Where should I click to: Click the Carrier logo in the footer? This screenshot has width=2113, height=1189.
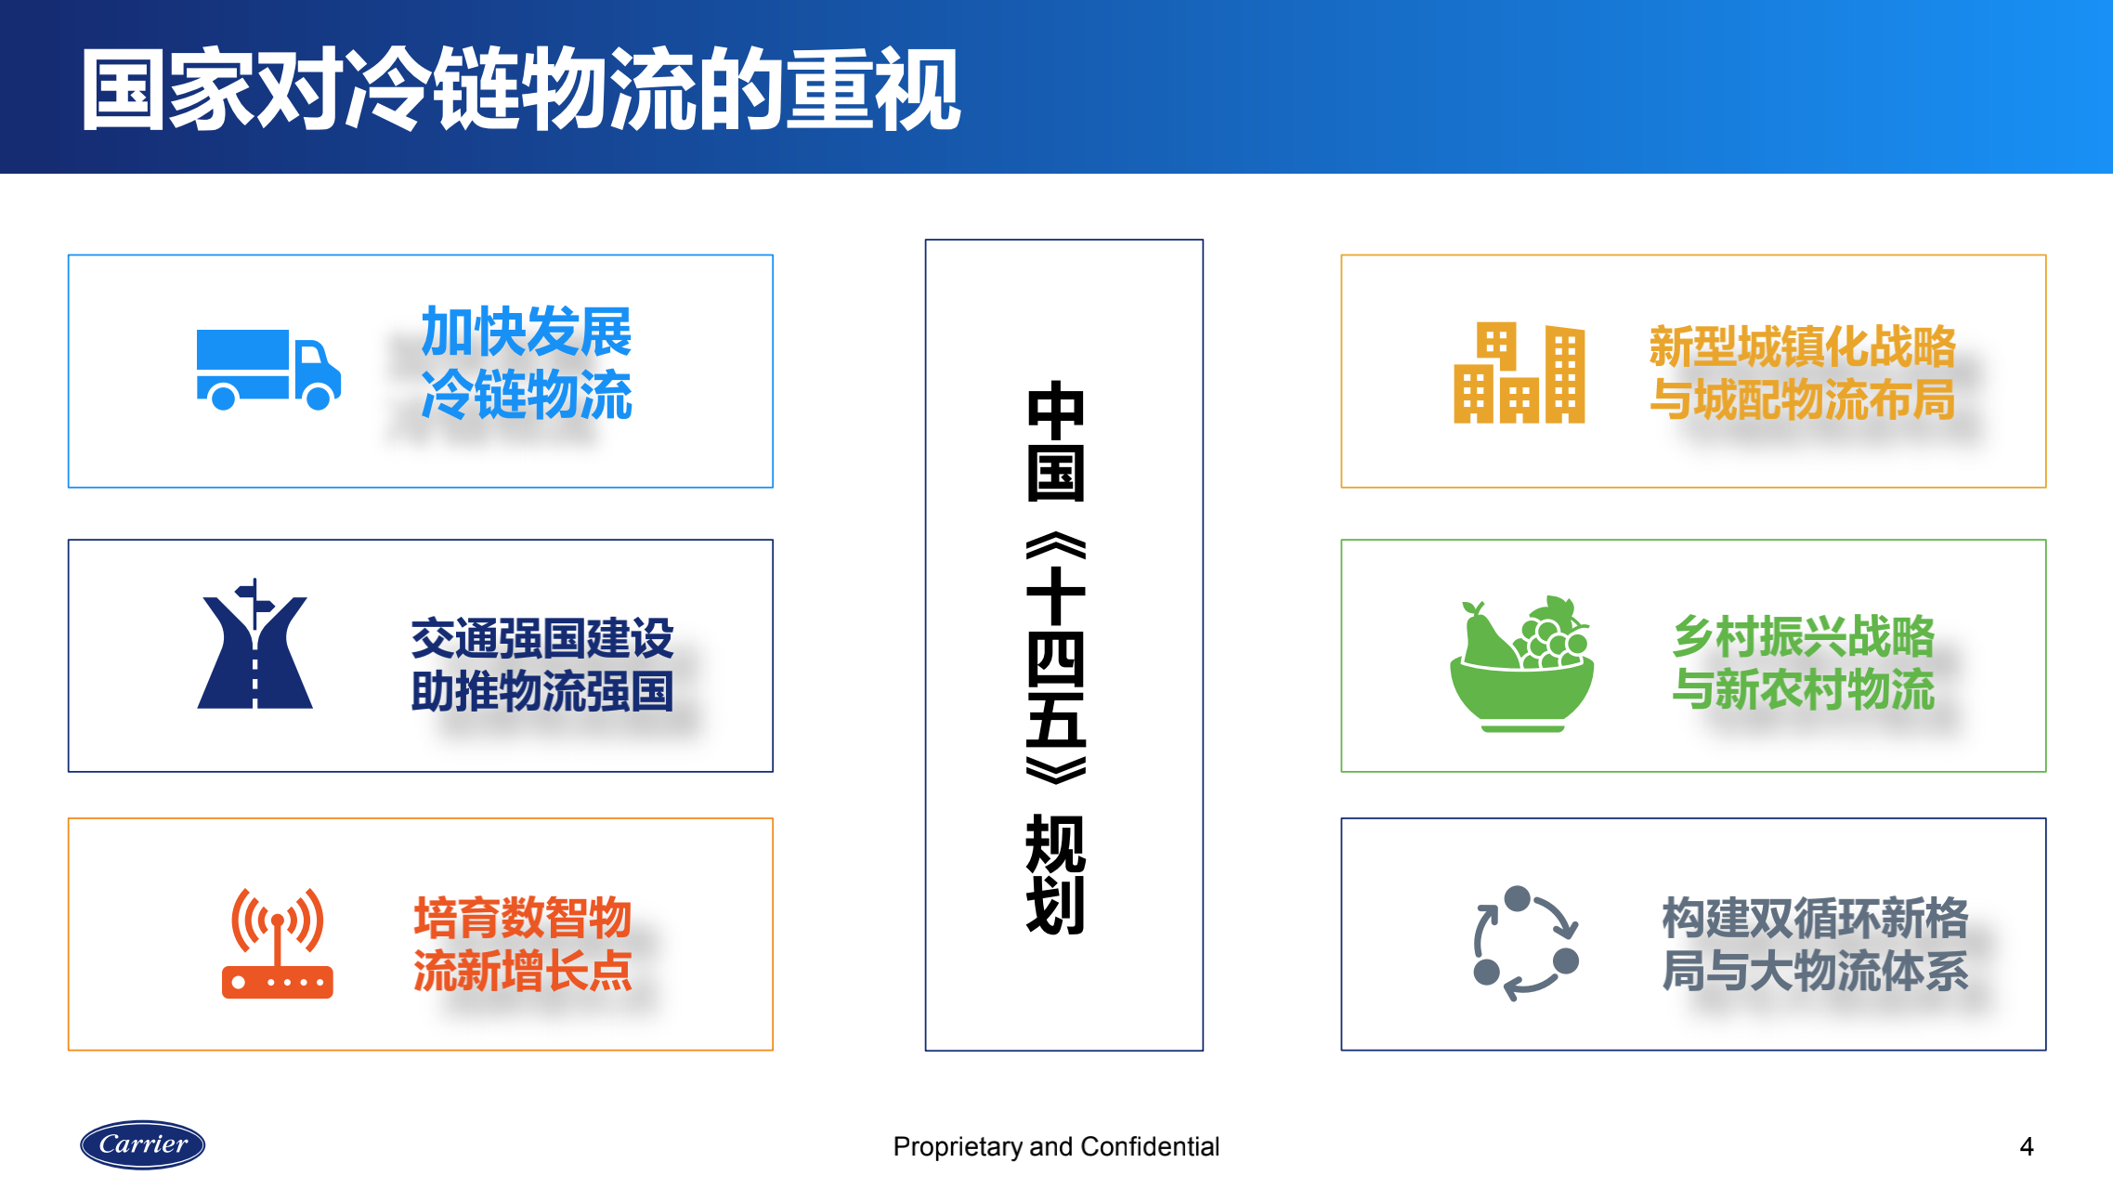point(142,1144)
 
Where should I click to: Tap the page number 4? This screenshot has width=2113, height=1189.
point(2027,1147)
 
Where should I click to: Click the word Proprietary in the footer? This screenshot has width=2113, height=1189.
point(958,1147)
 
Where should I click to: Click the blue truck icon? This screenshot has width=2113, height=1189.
point(268,370)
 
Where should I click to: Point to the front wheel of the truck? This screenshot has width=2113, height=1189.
point(319,398)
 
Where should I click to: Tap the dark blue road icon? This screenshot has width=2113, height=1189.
point(254,643)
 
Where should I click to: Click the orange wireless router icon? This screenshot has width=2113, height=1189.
point(278,943)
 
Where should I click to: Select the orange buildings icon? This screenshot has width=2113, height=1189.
point(1520,373)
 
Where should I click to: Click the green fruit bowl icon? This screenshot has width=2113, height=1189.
point(1522,663)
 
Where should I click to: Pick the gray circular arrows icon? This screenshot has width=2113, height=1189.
point(1526,943)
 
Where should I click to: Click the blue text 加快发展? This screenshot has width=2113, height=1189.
point(527,333)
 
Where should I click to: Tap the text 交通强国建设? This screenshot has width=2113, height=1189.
point(542,639)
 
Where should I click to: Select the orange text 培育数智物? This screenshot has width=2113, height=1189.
point(523,918)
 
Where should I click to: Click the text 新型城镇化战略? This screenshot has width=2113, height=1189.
point(1803,346)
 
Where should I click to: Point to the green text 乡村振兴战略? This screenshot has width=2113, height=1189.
point(1804,636)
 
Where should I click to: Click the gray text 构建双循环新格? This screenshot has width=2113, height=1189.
point(1815,918)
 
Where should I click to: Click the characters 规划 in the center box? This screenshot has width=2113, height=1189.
point(1056,875)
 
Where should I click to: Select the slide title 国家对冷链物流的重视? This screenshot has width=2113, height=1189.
point(521,89)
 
